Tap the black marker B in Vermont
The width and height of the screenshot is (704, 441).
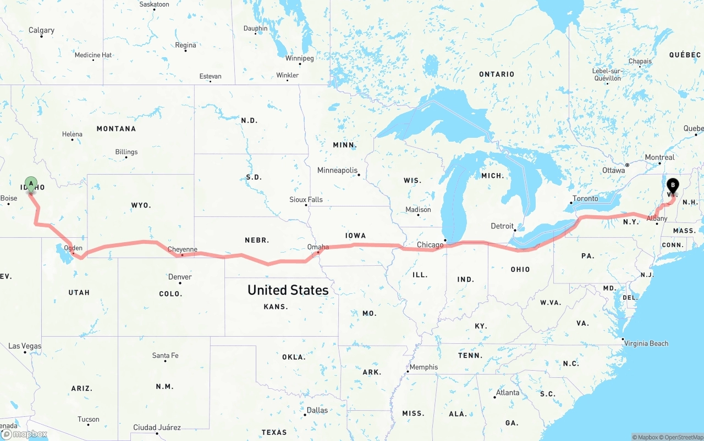click(x=673, y=186)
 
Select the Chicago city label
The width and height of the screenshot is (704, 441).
click(x=430, y=245)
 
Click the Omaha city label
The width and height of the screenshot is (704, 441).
click(x=318, y=247)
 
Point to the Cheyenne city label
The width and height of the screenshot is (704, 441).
click(x=182, y=249)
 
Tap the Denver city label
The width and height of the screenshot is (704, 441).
click(x=180, y=277)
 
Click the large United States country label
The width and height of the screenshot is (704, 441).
click(x=288, y=290)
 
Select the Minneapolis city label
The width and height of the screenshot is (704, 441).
click(x=337, y=170)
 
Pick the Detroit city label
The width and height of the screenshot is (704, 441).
click(x=502, y=226)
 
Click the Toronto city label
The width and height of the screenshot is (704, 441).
click(x=585, y=198)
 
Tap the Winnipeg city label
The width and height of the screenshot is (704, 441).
click(x=299, y=58)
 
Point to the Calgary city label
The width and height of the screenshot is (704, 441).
click(x=41, y=30)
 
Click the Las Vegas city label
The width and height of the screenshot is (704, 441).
click(x=25, y=346)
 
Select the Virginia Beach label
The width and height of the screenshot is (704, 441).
click(x=646, y=343)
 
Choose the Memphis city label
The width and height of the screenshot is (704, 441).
click(x=424, y=367)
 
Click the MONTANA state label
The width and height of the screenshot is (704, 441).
click(x=116, y=129)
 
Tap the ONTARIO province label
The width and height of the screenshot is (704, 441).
click(x=497, y=74)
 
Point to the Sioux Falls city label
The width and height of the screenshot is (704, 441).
click(x=306, y=199)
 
